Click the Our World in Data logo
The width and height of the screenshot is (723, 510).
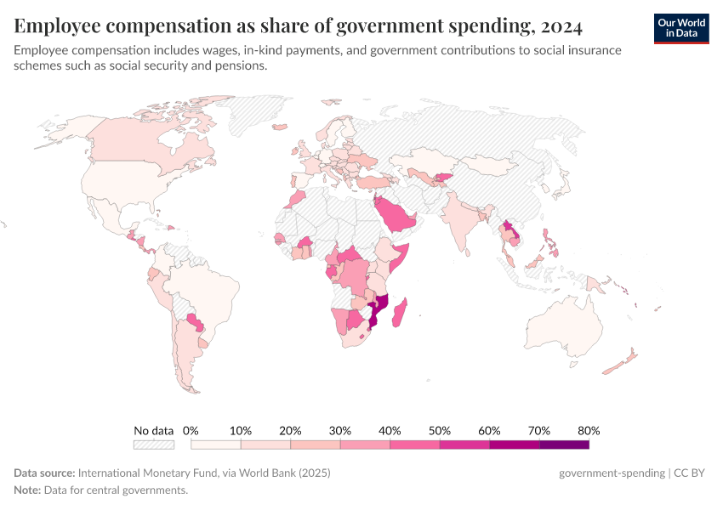681,27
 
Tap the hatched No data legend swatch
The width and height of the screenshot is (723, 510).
154,444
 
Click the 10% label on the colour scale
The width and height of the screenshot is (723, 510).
241,430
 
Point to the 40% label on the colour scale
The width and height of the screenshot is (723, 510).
390,430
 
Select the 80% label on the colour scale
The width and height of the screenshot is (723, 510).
589,430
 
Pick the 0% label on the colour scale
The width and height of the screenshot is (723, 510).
191,430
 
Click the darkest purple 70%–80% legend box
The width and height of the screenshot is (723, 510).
564,444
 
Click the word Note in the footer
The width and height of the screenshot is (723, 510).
26,490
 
